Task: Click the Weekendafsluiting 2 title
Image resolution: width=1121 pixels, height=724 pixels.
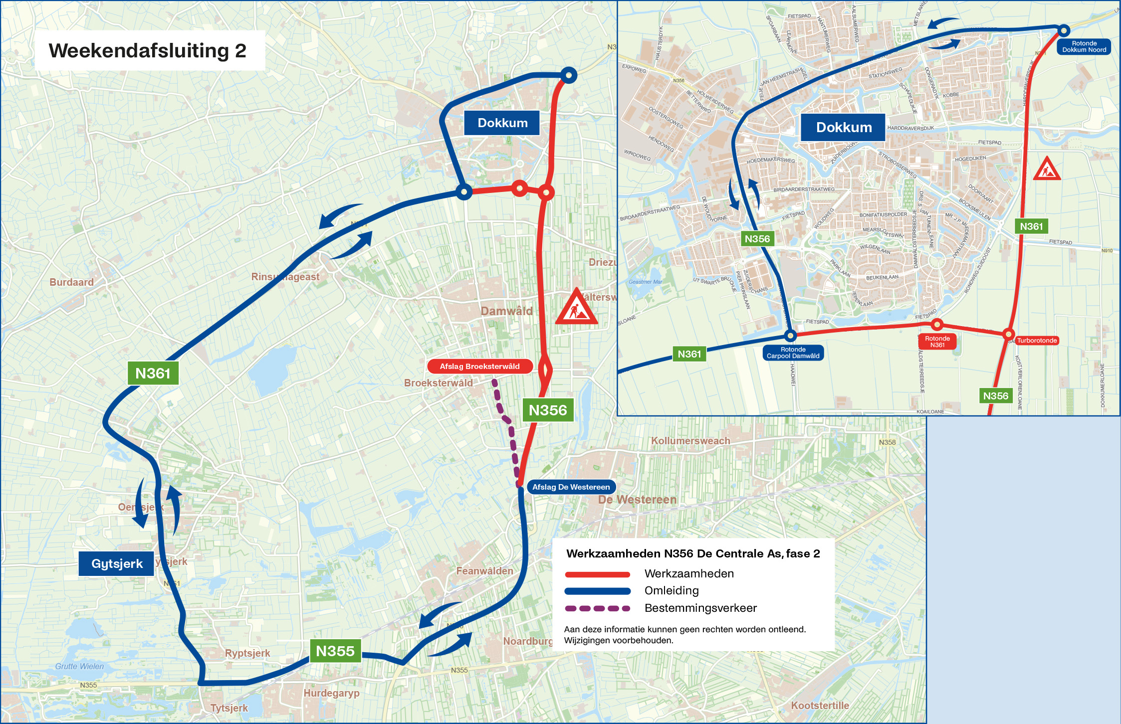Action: [148, 51]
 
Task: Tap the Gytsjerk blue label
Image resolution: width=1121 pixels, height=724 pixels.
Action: [117, 564]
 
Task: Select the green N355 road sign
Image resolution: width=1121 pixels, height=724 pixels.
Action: [335, 651]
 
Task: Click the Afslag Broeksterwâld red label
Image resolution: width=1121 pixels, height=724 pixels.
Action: [479, 366]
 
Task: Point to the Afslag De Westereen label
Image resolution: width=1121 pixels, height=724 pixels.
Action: [571, 487]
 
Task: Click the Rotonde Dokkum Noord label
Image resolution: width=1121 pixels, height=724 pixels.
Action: [1084, 47]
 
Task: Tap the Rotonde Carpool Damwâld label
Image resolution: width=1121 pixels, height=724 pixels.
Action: [793, 353]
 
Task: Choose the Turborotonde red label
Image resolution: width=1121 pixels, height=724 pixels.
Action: [1037, 341]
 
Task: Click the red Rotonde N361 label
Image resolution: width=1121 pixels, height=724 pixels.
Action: [937, 342]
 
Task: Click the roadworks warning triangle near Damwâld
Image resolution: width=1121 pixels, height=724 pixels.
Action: [576, 308]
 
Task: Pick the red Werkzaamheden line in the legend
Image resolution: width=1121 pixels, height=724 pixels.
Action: [597, 574]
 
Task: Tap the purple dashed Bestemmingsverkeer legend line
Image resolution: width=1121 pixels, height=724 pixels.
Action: [597, 608]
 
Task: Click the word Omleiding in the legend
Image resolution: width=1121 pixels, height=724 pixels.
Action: [671, 591]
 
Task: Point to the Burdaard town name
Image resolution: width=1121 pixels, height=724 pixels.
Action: [71, 282]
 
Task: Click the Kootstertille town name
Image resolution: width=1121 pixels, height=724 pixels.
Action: [820, 706]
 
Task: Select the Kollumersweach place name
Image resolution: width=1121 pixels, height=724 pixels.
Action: [690, 441]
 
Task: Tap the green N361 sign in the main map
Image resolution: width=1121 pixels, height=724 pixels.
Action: [153, 373]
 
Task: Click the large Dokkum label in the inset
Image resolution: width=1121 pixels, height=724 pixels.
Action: [844, 128]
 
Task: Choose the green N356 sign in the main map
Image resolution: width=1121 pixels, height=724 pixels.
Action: [547, 410]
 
